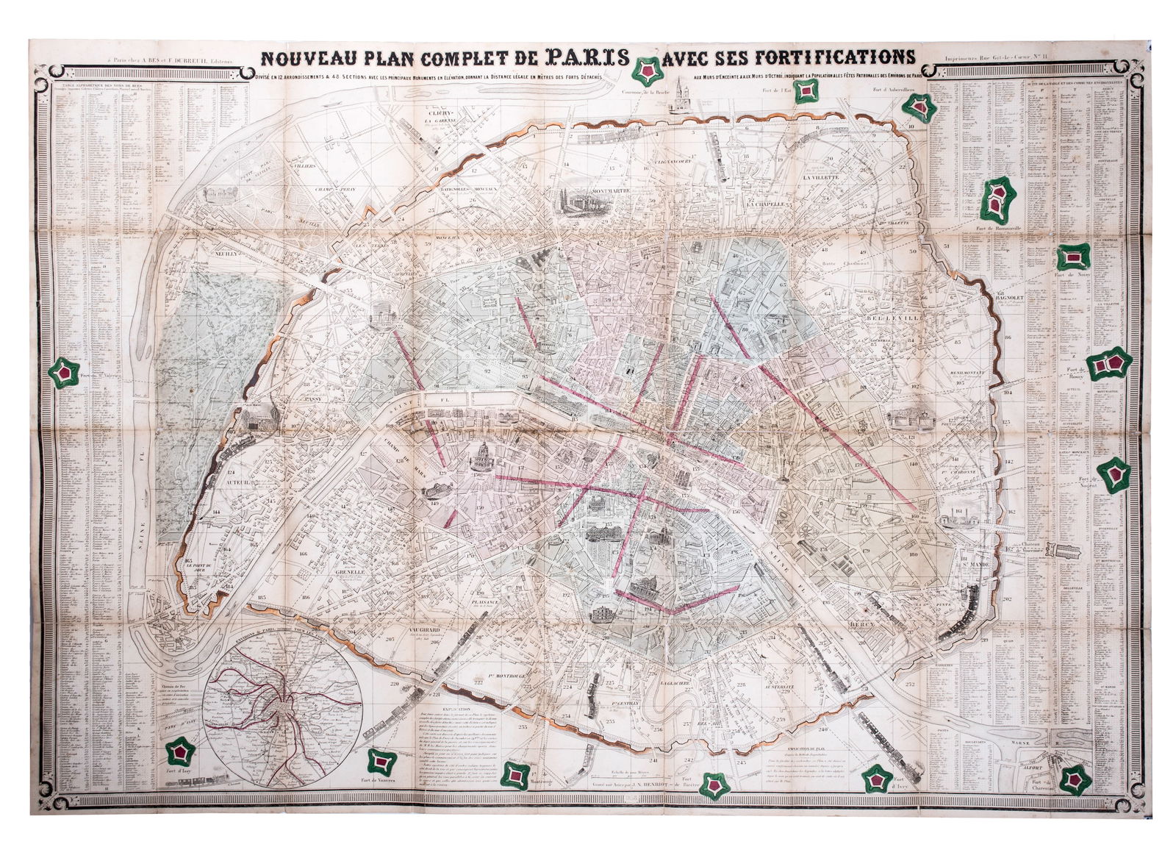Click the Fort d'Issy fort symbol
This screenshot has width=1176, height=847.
(x=179, y=751)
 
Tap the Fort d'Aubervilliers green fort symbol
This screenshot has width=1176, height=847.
(x=919, y=107)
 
